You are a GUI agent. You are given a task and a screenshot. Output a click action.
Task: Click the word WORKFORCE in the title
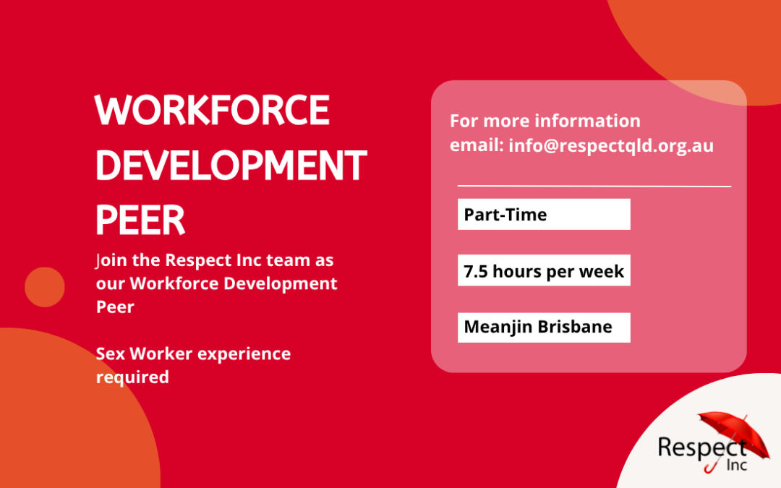pyautogui.click(x=212, y=110)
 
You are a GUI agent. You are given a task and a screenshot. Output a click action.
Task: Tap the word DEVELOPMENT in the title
pyautogui.click(x=231, y=165)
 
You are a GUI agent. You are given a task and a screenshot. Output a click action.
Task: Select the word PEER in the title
pyautogui.click(x=140, y=220)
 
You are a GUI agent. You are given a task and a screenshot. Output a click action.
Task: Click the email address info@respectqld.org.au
pyautogui.click(x=611, y=145)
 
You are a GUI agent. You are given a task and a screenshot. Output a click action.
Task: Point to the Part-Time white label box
pyautogui.click(x=544, y=214)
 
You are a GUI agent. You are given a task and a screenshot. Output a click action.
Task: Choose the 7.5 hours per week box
pyautogui.click(x=544, y=270)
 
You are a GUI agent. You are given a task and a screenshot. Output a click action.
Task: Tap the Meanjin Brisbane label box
pyautogui.click(x=544, y=328)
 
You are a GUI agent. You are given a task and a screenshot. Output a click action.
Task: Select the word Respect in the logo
pyautogui.click(x=702, y=448)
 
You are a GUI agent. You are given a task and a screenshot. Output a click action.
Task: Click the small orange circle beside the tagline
pyautogui.click(x=45, y=287)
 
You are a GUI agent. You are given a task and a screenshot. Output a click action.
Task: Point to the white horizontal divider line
pyautogui.click(x=594, y=187)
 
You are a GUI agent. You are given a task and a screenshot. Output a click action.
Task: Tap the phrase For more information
pyautogui.click(x=545, y=121)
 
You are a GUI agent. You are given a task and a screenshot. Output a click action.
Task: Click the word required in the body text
pyautogui.click(x=132, y=377)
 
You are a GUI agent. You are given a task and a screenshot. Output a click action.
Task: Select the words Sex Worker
pyautogui.click(x=144, y=354)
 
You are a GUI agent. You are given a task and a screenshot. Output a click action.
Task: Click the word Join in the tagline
pyautogui.click(x=112, y=260)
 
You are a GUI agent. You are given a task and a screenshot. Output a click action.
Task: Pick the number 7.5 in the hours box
pyautogui.click(x=475, y=271)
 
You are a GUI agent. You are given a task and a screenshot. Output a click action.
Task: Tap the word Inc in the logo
pyautogui.click(x=737, y=465)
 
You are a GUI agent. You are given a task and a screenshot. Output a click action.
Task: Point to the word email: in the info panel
pyautogui.click(x=477, y=145)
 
